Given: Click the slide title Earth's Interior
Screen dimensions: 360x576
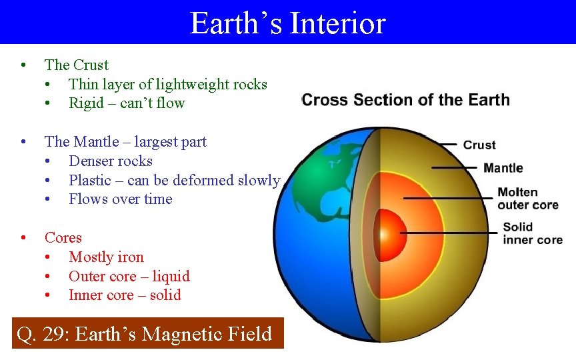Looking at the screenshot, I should (288, 23).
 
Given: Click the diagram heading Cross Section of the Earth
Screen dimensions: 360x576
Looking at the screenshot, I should (405, 100).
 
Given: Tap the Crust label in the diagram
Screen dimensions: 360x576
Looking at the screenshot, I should (479, 145).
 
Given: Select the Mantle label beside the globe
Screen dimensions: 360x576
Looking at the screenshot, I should (503, 168).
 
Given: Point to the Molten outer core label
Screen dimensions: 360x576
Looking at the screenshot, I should (527, 199).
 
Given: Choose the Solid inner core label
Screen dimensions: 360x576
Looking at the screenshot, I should (532, 233).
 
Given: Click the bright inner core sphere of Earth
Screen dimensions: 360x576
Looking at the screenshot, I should (385, 233).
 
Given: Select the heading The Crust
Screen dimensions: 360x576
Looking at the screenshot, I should (76, 65).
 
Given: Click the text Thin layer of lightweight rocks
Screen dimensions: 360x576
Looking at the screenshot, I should (167, 84).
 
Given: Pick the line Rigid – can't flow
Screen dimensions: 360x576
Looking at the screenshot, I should (127, 103).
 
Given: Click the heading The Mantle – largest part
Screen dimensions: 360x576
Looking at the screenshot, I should (125, 141).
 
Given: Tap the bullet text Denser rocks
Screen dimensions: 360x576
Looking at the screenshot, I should (111, 161).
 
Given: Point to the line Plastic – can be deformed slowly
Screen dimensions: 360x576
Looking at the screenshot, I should (174, 180).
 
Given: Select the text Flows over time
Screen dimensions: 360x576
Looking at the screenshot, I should (120, 199).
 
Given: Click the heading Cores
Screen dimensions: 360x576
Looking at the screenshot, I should (63, 237).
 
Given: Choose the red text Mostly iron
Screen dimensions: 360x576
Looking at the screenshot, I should (106, 257).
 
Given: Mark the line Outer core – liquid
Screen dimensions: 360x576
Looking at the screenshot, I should (129, 276).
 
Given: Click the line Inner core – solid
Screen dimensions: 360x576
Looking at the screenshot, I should (125, 295).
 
